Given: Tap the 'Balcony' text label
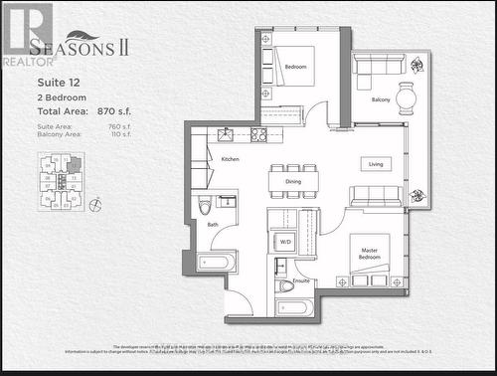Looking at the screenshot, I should point(382,99).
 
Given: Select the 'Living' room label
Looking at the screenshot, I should point(376,164).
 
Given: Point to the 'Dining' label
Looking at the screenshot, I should point(293,182).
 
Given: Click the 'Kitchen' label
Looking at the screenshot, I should point(230,159).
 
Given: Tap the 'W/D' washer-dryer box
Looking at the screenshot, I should point(285,241).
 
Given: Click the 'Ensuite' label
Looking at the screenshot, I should point(302,282).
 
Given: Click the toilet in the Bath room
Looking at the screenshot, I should point(205,205).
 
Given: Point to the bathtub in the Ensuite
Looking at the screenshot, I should point(296,307).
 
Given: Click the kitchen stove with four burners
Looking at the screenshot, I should point(259,134).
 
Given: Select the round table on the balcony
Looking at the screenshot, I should point(408,96).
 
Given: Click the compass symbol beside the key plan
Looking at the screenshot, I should point(93,206).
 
